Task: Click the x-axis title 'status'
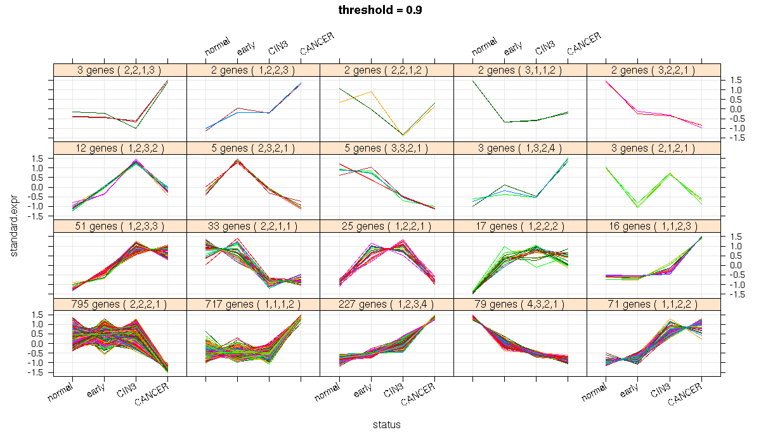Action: pyautogui.click(x=387, y=424)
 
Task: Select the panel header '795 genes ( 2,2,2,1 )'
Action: pyautogui.click(x=120, y=304)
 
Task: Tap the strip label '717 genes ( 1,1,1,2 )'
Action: pyautogui.click(x=254, y=304)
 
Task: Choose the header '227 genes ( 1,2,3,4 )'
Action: pyautogui.click(x=387, y=304)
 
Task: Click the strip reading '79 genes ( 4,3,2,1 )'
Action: pyautogui.click(x=520, y=304)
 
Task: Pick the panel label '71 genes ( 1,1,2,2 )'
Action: pyautogui.click(x=653, y=304)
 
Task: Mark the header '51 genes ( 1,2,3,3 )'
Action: pyautogui.click(x=120, y=226)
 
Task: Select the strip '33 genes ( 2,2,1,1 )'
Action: pyautogui.click(x=254, y=226)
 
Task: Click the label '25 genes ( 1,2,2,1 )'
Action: pyautogui.click(x=387, y=226)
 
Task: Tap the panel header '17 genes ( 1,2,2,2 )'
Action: pyautogui.click(x=520, y=226)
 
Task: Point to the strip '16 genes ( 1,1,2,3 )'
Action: pyautogui.click(x=653, y=226)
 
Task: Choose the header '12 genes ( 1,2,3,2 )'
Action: pyautogui.click(x=120, y=148)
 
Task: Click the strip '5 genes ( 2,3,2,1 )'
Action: pyautogui.click(x=254, y=148)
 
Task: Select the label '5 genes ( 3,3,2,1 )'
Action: pyautogui.click(x=387, y=148)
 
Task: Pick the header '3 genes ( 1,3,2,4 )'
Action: pyautogui.click(x=520, y=148)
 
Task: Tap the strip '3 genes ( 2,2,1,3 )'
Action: pyautogui.click(x=120, y=70)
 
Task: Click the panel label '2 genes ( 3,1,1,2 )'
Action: pyautogui.click(x=520, y=70)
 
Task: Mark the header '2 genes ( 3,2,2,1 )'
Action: pyautogui.click(x=653, y=70)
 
